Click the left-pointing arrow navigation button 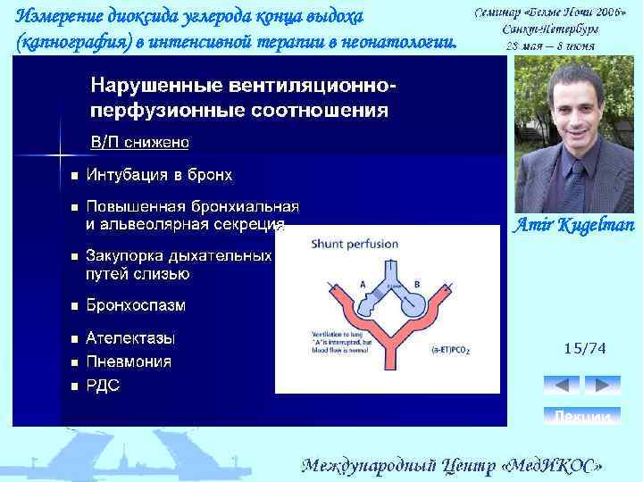pos(561,385)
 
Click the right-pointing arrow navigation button pos(602,385)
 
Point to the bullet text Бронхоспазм pos(136,306)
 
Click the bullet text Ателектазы pos(130,339)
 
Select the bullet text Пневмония pos(129,362)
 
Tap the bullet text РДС pos(103,386)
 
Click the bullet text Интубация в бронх pos(158,173)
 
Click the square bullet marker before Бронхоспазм pos(74,307)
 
